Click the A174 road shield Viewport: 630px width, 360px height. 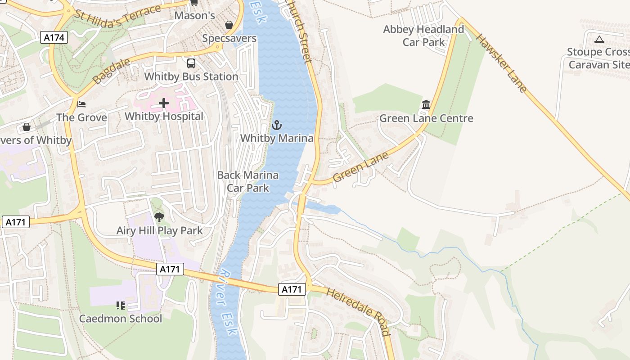tap(54, 37)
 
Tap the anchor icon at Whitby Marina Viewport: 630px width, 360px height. tap(277, 125)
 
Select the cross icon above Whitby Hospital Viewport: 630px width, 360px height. tap(164, 103)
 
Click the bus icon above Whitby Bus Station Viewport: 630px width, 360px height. tap(191, 63)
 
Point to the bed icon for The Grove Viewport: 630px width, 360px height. tap(81, 104)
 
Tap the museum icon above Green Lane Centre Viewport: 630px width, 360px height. tap(426, 105)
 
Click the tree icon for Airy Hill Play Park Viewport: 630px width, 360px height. tap(159, 218)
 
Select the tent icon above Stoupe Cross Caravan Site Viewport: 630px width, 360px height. tap(599, 39)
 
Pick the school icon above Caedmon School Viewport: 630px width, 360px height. tap(120, 306)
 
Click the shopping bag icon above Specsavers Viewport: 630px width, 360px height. tap(229, 25)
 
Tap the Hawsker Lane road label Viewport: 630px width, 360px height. tap(501, 63)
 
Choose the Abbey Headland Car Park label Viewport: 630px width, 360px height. tap(423, 36)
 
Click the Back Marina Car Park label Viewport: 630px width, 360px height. tap(248, 181)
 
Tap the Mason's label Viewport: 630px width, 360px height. tap(195, 16)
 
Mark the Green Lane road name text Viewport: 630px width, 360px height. tap(361, 167)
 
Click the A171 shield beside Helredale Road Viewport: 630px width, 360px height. tap(292, 289)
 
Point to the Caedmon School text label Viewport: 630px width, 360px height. tap(121, 319)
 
